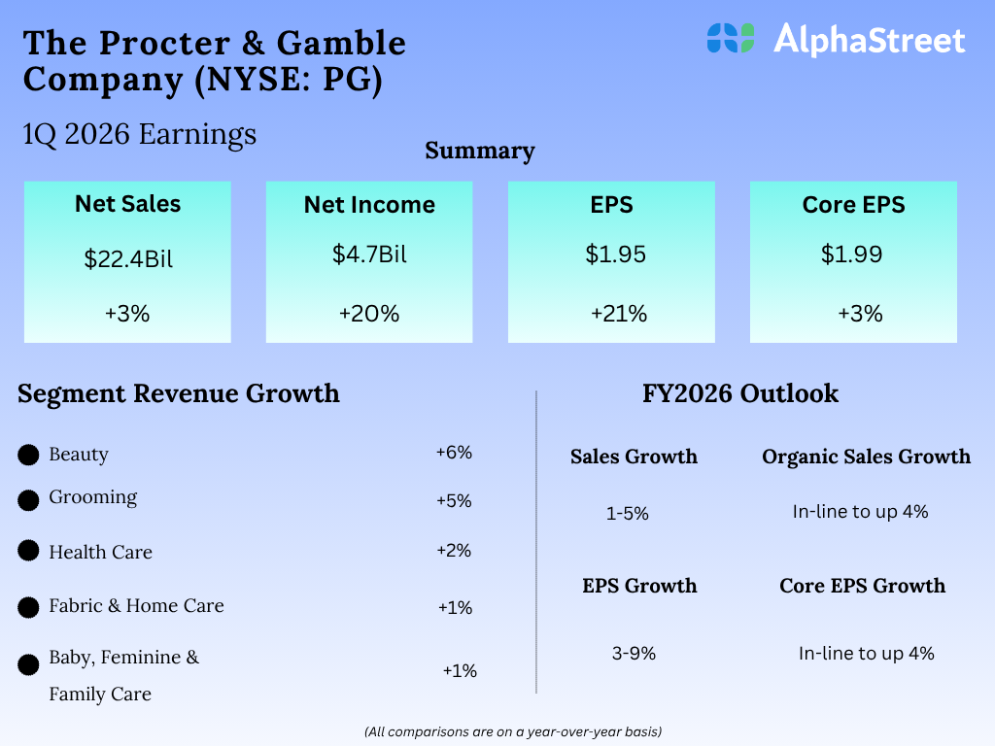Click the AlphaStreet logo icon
click(731, 38)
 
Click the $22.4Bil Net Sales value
click(127, 259)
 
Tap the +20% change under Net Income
click(368, 314)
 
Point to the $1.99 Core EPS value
click(852, 254)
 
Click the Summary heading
click(480, 151)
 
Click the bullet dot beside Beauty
click(29, 455)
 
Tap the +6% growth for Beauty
click(454, 453)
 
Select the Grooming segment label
click(93, 497)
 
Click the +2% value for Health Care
click(454, 551)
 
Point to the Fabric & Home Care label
click(136, 605)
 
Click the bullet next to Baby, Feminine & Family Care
click(29, 665)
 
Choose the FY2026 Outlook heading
click(740, 393)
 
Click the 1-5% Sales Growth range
click(627, 514)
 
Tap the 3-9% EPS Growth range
click(634, 654)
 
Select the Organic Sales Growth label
click(866, 457)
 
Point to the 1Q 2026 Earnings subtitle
click(140, 134)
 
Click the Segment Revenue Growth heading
click(179, 393)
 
